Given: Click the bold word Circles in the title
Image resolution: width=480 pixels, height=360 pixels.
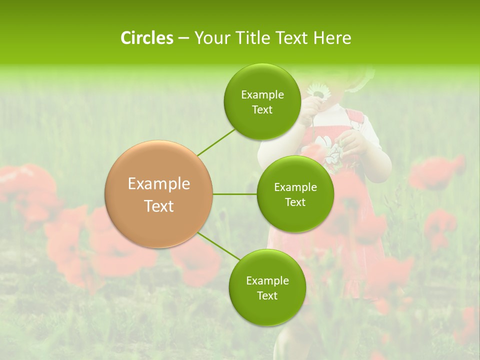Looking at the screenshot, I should pos(146,38).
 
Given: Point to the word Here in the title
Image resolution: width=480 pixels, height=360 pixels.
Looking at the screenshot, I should pos(332,38).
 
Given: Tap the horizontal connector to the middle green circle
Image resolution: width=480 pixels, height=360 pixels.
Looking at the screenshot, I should pos(235,194).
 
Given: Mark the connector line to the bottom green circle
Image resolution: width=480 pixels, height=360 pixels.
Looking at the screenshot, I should pos(218,246).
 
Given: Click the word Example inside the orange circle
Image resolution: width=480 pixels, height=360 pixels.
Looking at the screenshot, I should pos(159,184).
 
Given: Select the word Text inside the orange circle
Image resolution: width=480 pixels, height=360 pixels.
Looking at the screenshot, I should pos(159,206).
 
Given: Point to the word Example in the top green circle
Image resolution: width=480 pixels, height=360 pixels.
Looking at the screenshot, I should pos(262,95).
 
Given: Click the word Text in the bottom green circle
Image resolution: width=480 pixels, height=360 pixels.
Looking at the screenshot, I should pos(267,295).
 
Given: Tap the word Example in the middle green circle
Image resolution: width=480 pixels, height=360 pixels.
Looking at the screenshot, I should pos(295,187).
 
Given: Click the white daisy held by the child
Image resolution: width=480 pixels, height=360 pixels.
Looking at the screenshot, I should pos(316,91).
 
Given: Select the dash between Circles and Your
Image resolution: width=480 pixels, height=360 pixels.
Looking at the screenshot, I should pos(183,38).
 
